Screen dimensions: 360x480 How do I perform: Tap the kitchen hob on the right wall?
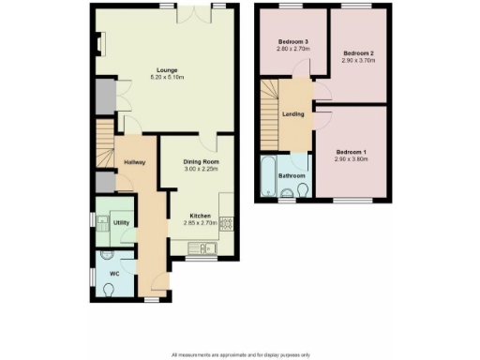click(x=226, y=222)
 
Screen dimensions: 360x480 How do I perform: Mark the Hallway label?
click(x=131, y=161)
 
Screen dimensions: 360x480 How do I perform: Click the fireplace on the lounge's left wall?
click(x=97, y=43)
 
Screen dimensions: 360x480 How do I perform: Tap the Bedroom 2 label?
click(x=358, y=53)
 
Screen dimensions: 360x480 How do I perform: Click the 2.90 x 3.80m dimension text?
click(x=353, y=158)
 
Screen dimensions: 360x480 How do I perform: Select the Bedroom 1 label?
click(x=353, y=151)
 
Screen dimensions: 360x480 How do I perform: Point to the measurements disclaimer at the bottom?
click(x=239, y=355)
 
